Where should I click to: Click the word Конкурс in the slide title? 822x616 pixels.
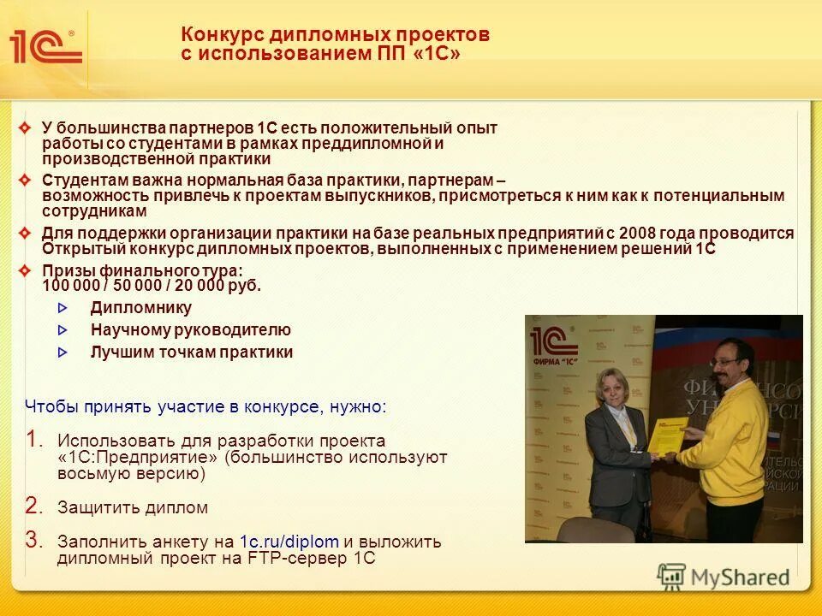(x=222, y=34)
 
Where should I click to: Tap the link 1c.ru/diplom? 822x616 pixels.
(x=289, y=542)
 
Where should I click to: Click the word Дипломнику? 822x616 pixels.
(x=141, y=308)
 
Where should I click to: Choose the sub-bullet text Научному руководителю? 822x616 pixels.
(x=191, y=330)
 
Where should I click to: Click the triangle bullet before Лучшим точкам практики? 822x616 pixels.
(x=62, y=352)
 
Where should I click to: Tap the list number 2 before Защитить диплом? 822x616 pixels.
(x=33, y=506)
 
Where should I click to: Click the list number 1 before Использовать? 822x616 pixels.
(x=33, y=440)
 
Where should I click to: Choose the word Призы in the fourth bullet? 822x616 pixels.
(x=64, y=271)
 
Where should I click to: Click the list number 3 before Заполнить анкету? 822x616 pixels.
(x=33, y=540)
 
